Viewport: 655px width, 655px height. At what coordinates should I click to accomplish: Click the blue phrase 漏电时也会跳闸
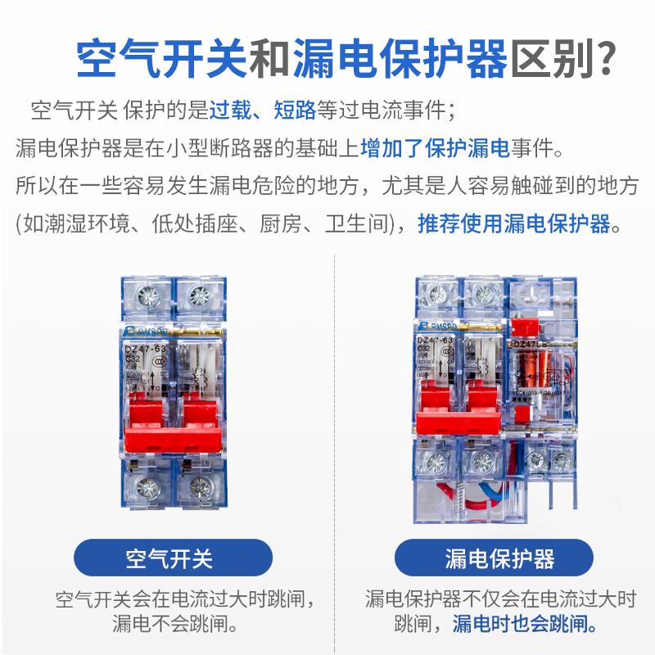pos(525,624)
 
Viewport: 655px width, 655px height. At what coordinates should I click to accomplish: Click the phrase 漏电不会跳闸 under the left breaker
pos(173,624)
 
